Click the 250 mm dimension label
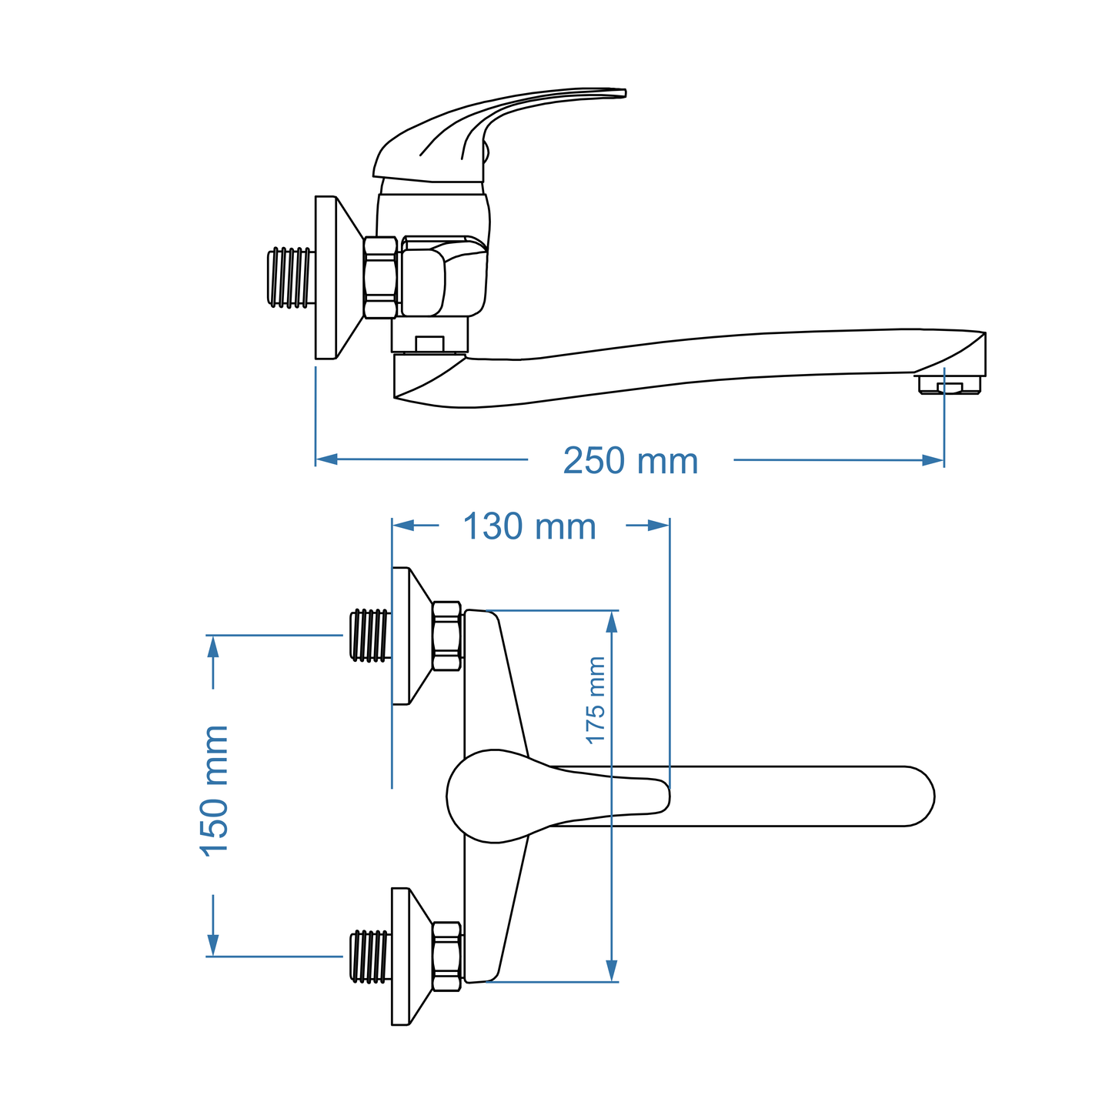(630, 462)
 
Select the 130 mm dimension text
(529, 527)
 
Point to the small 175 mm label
(596, 700)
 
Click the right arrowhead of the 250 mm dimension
(933, 460)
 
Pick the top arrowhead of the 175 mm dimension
(612, 622)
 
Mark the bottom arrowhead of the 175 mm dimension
(612, 970)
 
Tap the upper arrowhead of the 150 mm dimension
(213, 646)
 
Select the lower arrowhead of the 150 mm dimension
(213, 944)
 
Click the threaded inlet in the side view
(290, 277)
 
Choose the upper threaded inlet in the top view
(369, 635)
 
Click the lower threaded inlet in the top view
(369, 957)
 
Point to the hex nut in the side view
(380, 277)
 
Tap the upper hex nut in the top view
(446, 636)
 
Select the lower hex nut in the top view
(446, 956)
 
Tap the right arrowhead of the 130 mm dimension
(658, 525)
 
